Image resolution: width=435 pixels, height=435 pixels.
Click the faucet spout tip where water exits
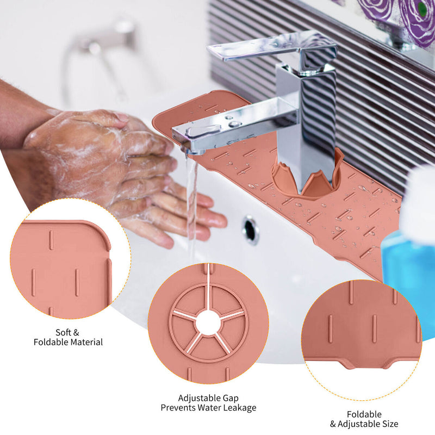click(x=191, y=151)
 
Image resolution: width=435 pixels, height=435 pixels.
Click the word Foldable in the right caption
click(x=364, y=414)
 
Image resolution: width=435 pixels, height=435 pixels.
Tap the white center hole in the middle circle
click(x=208, y=323)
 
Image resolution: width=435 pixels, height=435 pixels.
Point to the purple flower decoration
click(x=411, y=17)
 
